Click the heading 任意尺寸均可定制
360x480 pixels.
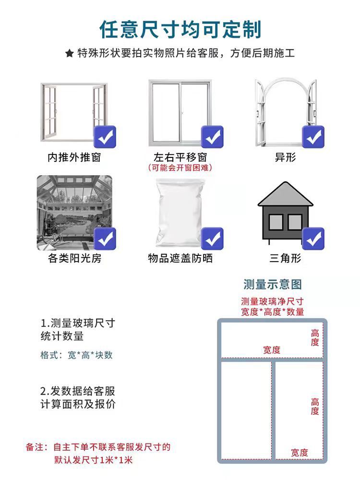180,30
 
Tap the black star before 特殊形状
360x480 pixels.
69,53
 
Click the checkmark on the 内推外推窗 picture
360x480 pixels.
105,137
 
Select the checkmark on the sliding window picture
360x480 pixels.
212,137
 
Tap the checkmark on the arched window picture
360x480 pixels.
313,137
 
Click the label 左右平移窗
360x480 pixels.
180,157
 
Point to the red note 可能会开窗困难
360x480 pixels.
180,168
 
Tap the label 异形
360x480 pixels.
285,157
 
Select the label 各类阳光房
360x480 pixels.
74,259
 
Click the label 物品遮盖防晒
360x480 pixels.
180,259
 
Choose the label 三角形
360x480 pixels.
285,259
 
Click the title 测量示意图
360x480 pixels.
273,284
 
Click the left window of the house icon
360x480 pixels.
276,221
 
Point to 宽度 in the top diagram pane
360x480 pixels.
272,350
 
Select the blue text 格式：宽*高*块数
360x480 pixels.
76,355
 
